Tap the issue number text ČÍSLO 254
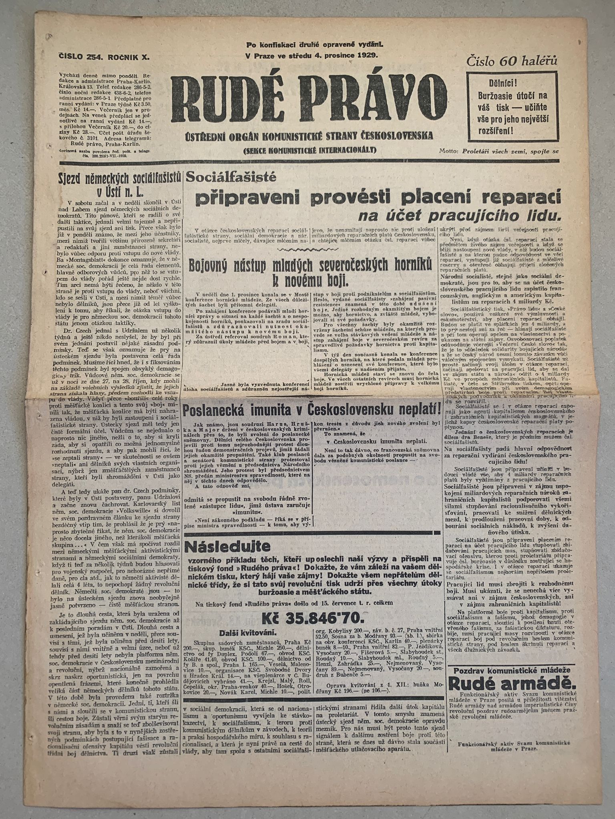(x=80, y=58)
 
